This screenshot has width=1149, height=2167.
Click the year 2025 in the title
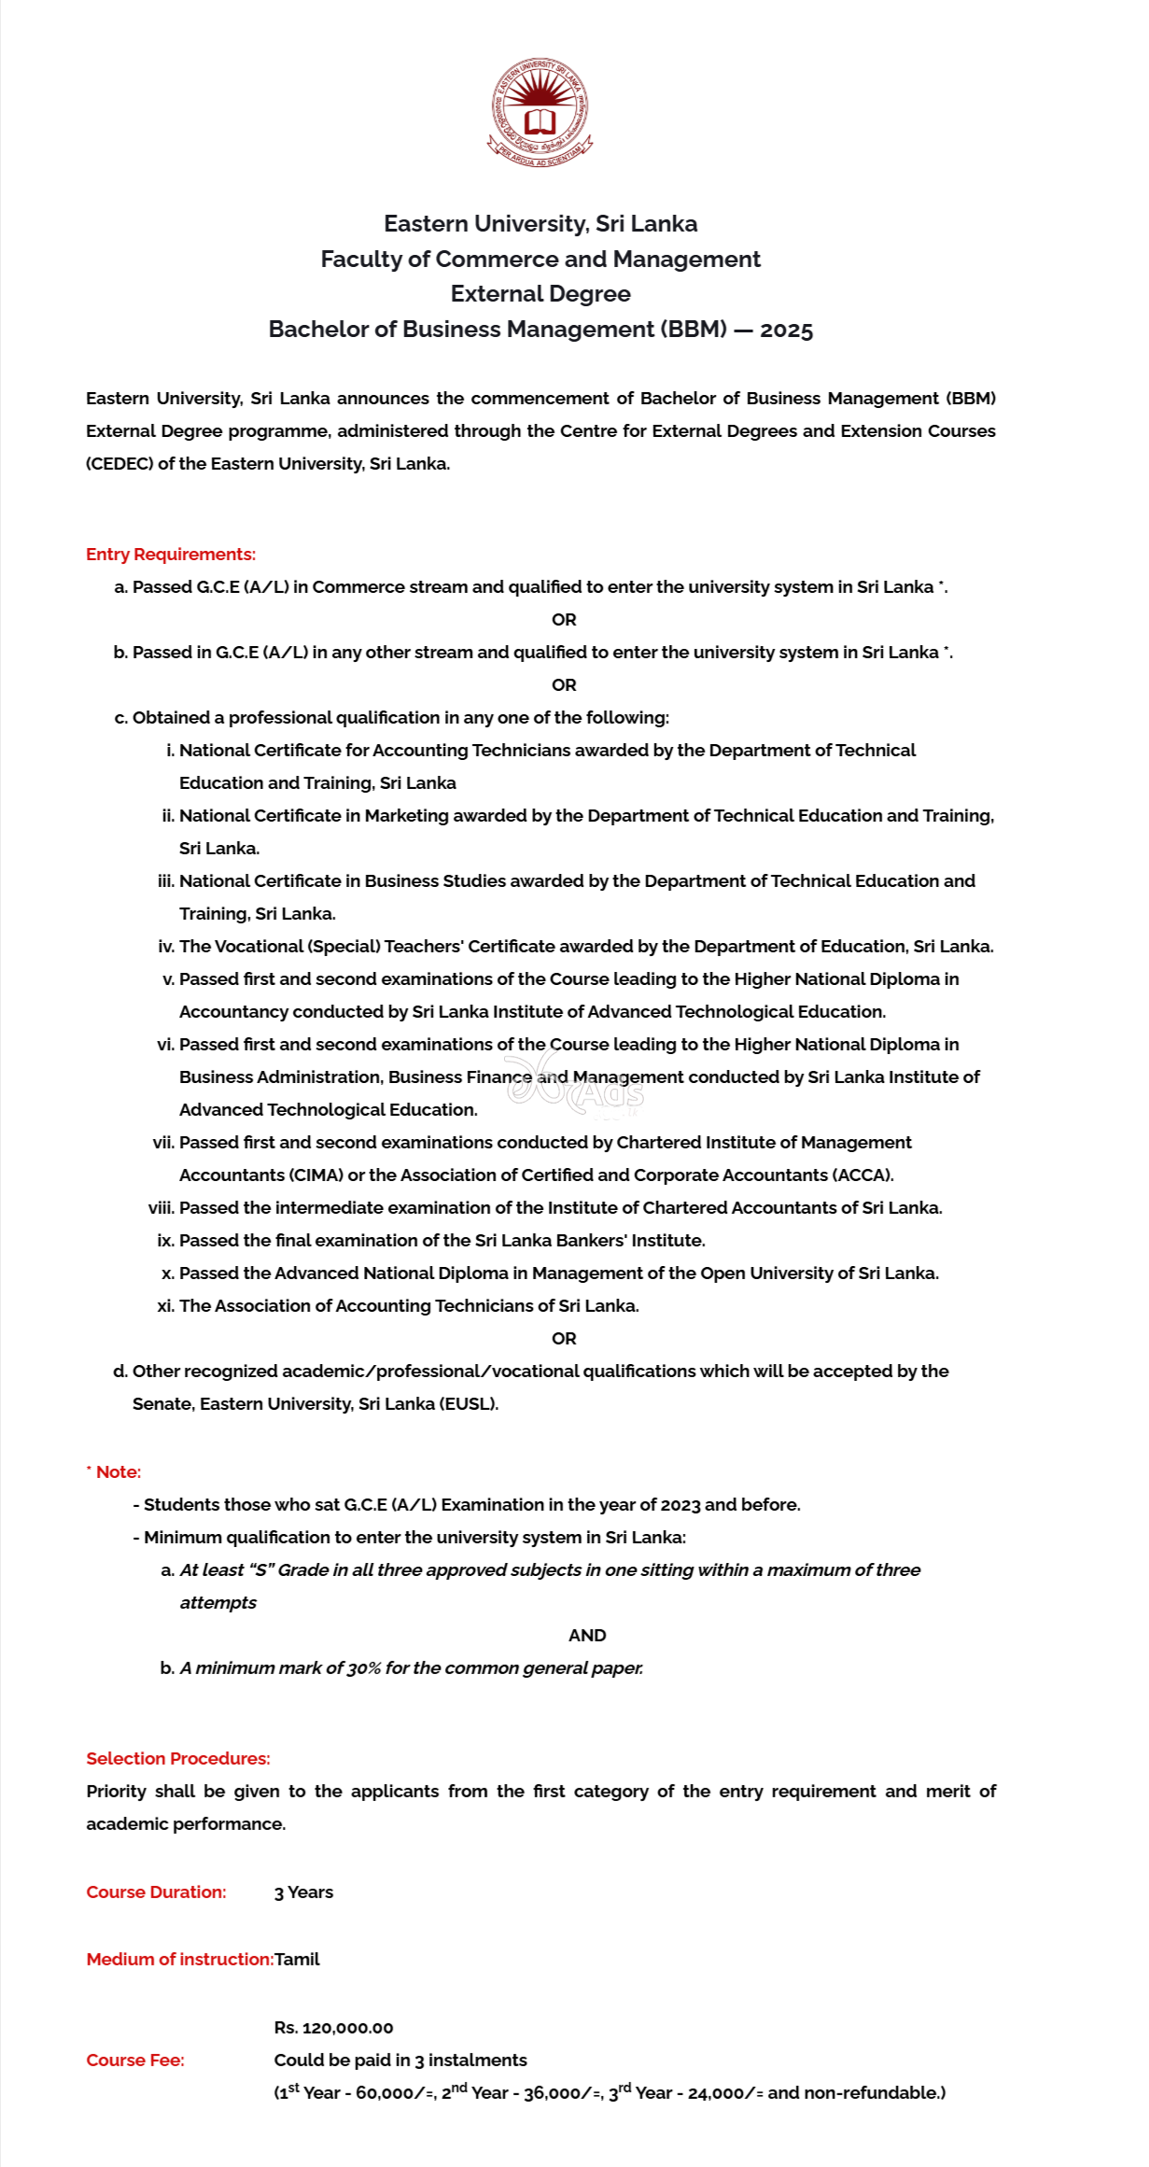pos(786,330)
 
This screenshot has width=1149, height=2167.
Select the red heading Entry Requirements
pos(171,554)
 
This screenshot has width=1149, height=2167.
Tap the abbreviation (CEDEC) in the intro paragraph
pos(119,464)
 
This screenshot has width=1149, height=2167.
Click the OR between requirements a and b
pos(564,620)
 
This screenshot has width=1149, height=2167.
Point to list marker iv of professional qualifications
pos(166,947)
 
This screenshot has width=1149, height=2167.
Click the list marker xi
pos(165,1306)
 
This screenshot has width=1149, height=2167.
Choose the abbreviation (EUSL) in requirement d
pos(469,1404)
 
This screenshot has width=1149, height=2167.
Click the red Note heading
pos(117,1472)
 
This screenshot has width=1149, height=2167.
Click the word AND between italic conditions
pos(587,1636)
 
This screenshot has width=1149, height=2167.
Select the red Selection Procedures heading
pos(178,1759)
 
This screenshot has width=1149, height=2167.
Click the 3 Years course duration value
pos(303,1893)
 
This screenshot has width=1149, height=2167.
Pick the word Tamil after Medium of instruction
pos(297,1960)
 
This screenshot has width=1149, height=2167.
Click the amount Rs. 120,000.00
pos(333,2028)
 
